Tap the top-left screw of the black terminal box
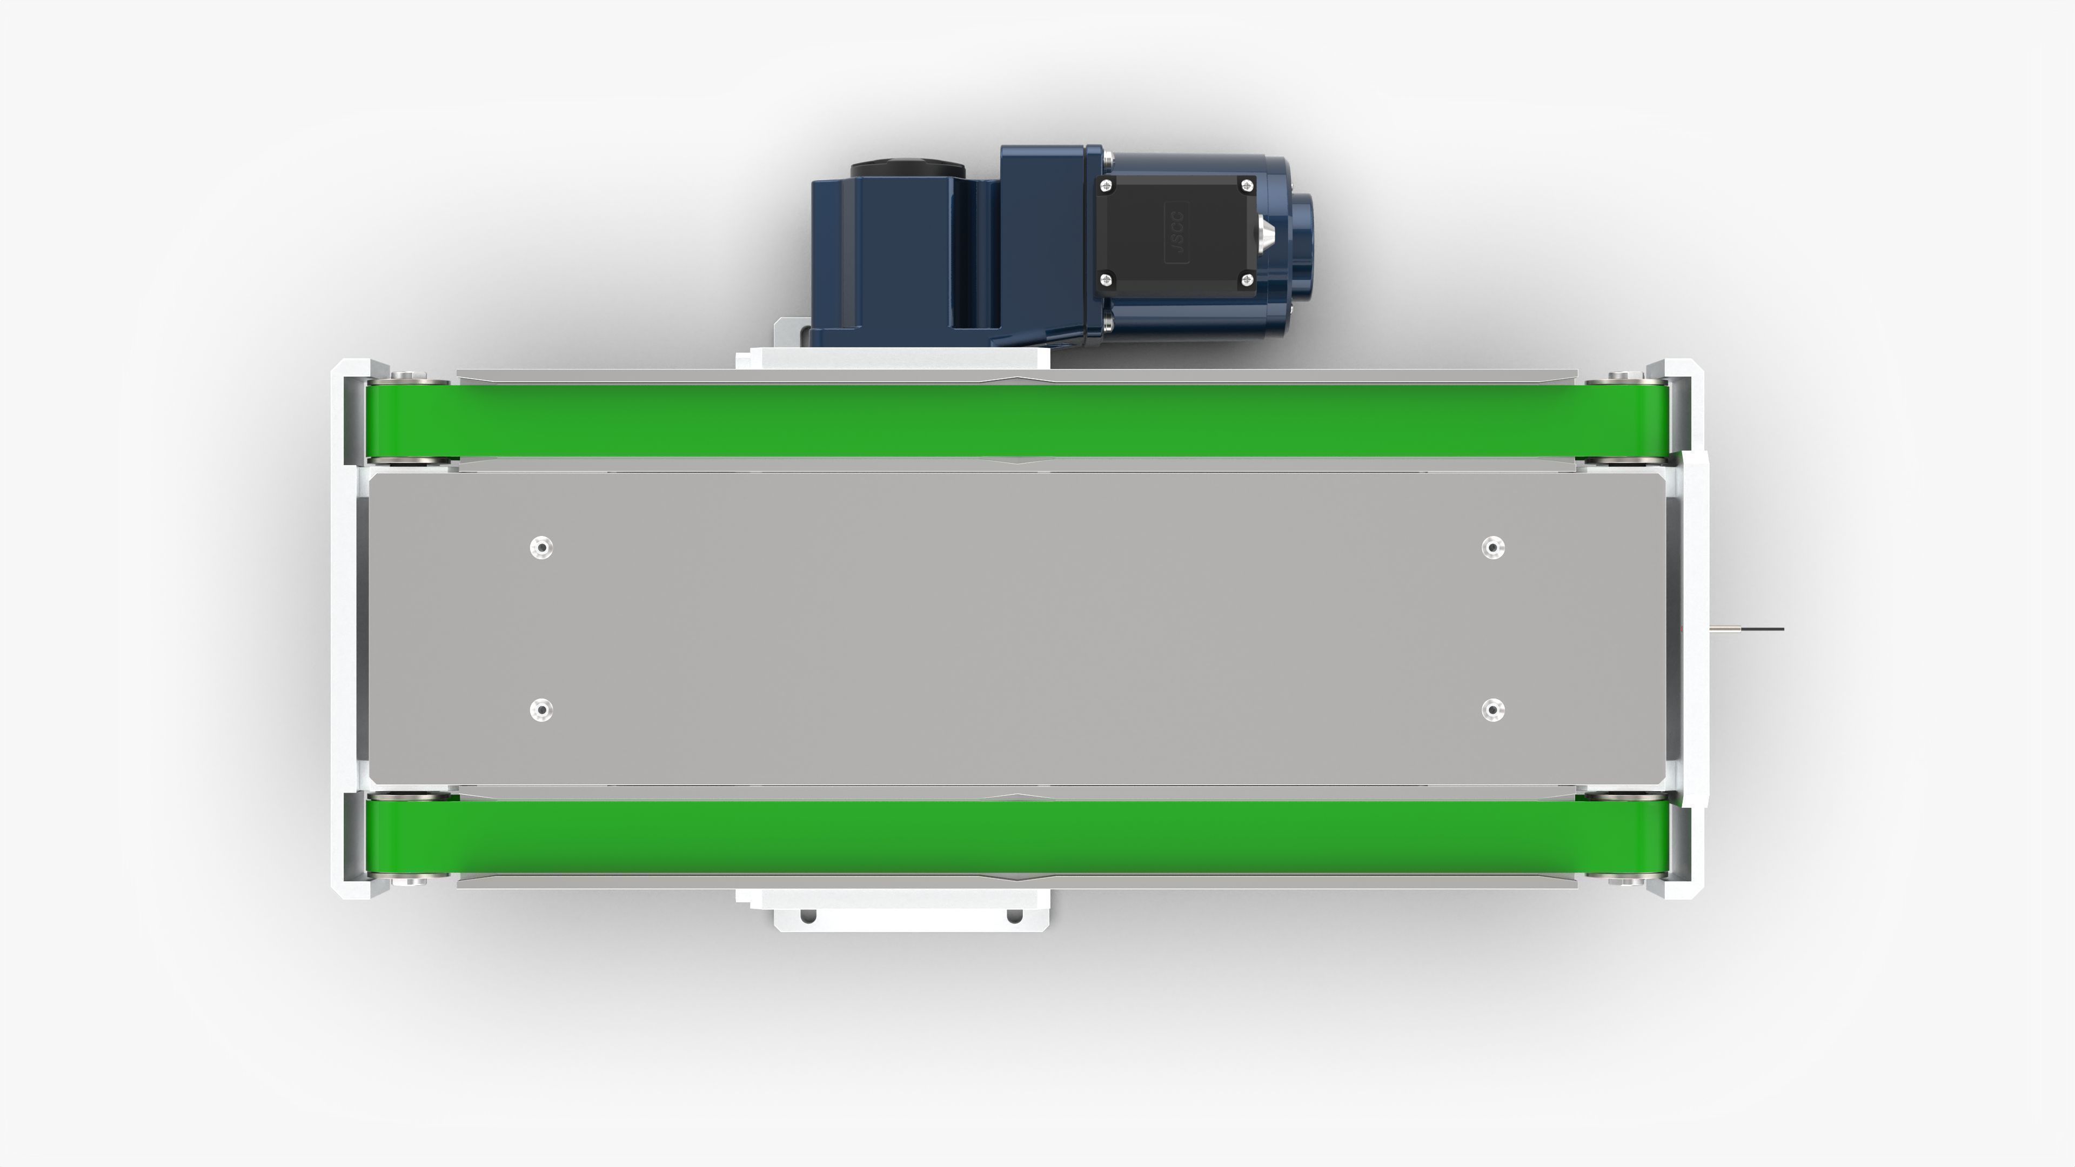click(x=1107, y=186)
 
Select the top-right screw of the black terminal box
click(x=1247, y=186)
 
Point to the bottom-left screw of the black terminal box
click(x=1107, y=279)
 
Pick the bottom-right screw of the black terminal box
click(x=1247, y=279)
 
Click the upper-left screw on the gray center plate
click(x=541, y=548)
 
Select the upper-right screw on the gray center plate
click(x=1492, y=548)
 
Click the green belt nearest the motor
click(x=1015, y=420)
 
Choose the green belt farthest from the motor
click(x=1015, y=837)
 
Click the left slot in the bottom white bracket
click(x=808, y=916)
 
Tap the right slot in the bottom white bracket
click(x=1015, y=916)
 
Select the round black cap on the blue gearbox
click(x=907, y=171)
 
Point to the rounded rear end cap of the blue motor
click(x=1302, y=232)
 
